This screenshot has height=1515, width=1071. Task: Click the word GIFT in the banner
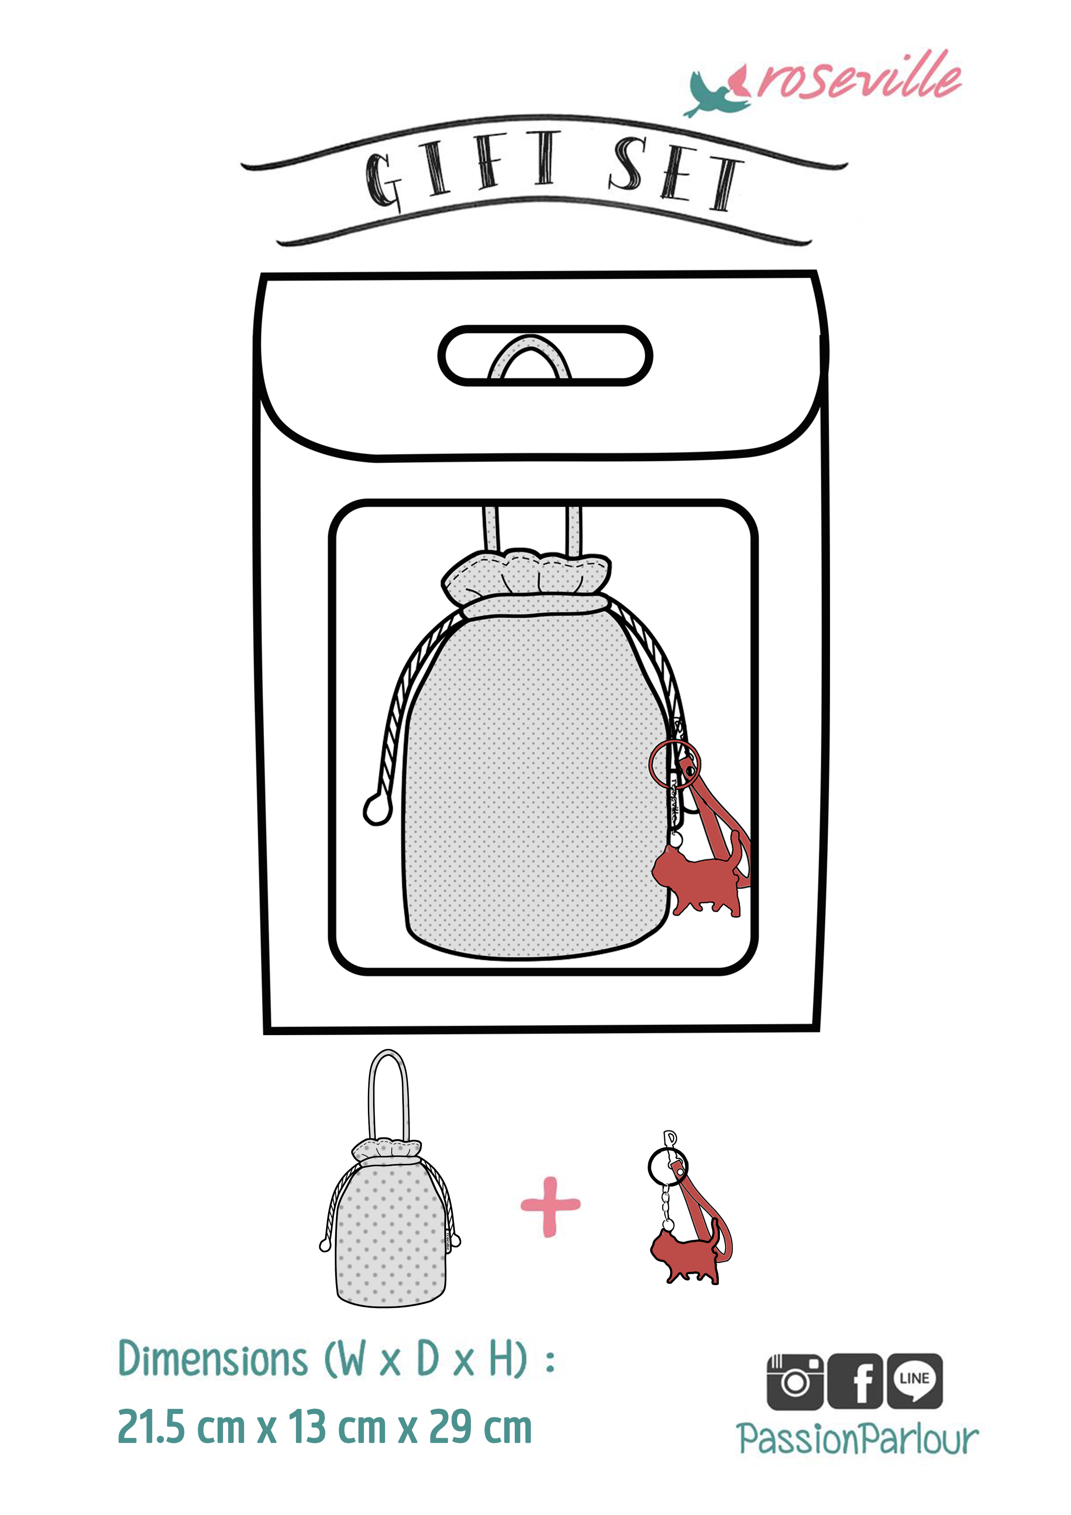click(462, 168)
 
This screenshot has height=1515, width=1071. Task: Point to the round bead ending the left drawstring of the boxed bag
click(377, 810)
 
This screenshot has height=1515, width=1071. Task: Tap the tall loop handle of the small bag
click(370, 1095)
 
